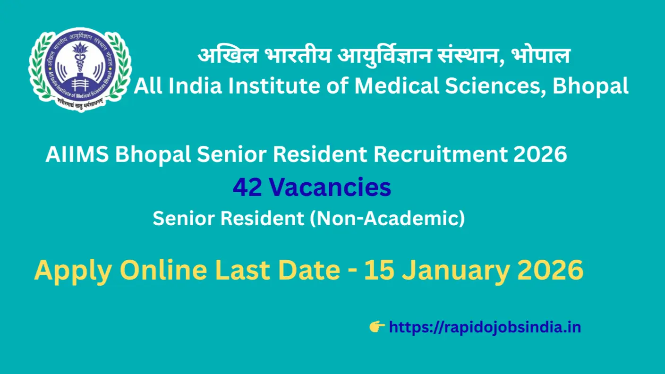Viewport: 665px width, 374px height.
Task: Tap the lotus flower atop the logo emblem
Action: pos(79,49)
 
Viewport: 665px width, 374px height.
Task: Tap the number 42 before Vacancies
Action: pos(248,188)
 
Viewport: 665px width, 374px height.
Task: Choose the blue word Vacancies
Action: pos(330,188)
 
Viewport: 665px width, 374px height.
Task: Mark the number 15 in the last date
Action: pos(378,271)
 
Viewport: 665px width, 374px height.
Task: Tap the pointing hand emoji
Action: pos(377,326)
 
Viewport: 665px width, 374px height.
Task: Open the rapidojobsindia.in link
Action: pos(485,327)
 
